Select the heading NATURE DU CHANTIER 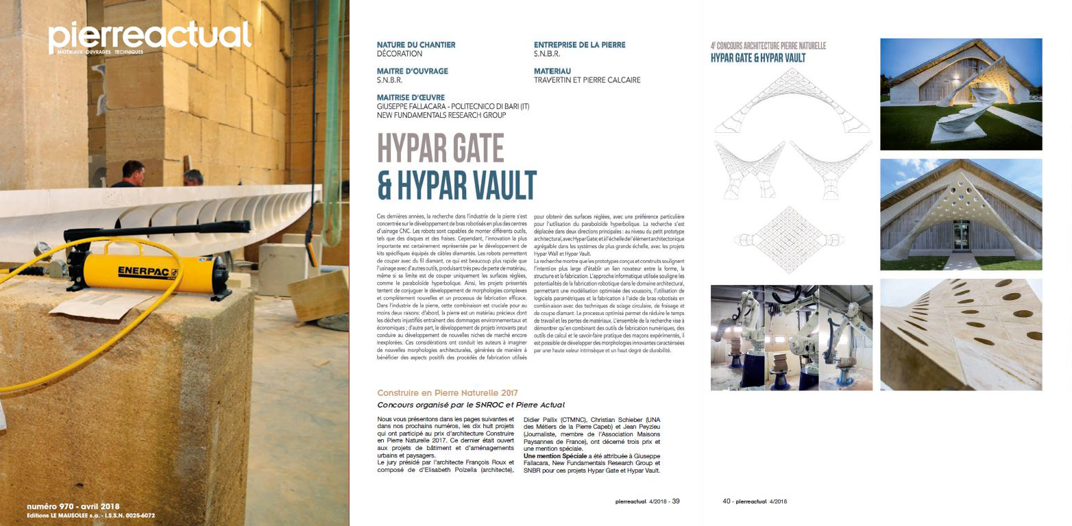tap(416, 45)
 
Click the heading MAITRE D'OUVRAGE tap(413, 71)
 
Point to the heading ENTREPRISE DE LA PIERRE tap(579, 45)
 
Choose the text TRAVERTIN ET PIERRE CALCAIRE tap(587, 80)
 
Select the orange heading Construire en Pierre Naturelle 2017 tap(448, 393)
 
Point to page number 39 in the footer tap(675, 501)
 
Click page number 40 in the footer tap(727, 501)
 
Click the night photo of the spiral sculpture tap(960, 94)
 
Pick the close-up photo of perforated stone tap(960, 334)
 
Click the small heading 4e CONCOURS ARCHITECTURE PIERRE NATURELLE tap(768, 47)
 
